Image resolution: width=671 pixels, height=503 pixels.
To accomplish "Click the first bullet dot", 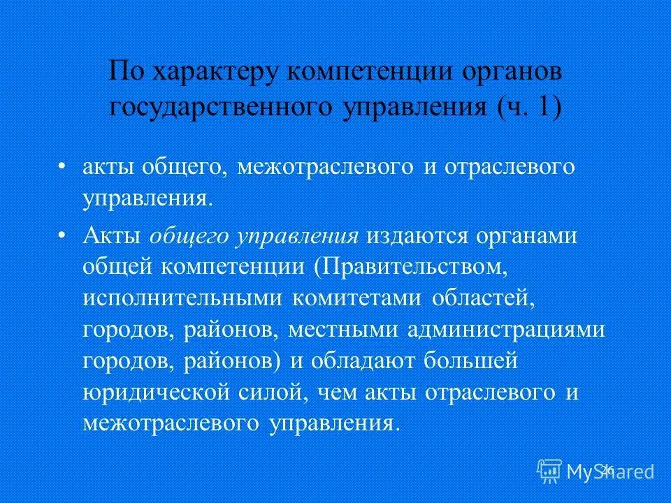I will [62, 168].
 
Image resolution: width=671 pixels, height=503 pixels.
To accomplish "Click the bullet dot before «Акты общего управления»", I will [62, 235].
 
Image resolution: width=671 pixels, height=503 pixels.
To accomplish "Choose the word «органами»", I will [527, 236].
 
